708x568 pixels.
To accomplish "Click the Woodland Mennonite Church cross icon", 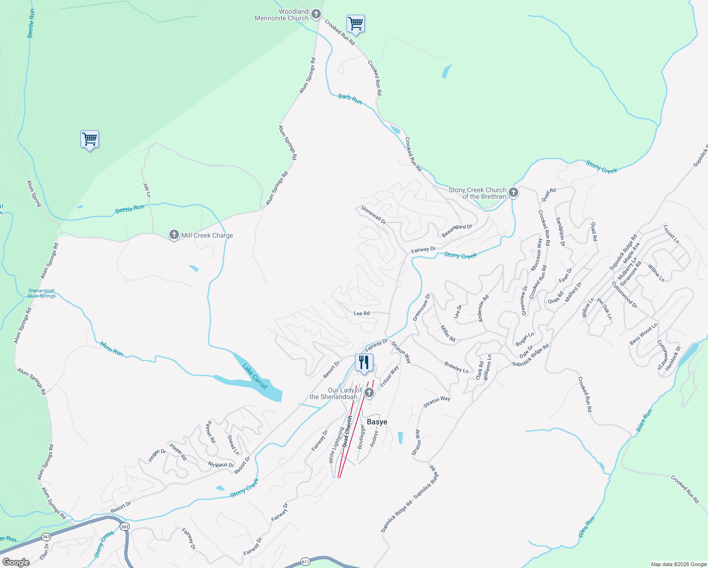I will [316, 14].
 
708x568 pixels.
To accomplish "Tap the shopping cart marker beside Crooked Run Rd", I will [355, 23].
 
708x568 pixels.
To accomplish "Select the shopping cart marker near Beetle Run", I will [89, 139].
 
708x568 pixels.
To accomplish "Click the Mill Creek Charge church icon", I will [174, 235].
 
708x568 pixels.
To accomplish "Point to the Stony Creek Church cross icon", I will [513, 193].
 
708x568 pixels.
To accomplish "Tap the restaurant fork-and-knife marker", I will [364, 363].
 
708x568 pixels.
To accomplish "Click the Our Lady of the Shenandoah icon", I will [369, 393].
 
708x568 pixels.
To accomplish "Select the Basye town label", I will [377, 422].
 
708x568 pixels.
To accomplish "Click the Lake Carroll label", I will [255, 376].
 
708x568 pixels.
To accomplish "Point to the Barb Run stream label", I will [350, 99].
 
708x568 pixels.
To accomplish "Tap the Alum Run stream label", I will [112, 349].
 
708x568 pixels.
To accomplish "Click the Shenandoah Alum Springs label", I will [42, 293].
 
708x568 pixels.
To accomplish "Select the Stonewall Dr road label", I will [373, 215].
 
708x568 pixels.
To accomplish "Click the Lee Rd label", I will [362, 313].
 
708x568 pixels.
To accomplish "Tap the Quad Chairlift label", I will [347, 431].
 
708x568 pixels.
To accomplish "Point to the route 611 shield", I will [305, 562].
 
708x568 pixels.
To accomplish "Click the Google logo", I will [16, 562].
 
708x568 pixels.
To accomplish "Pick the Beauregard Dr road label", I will [457, 231].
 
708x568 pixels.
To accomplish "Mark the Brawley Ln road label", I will [456, 367].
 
